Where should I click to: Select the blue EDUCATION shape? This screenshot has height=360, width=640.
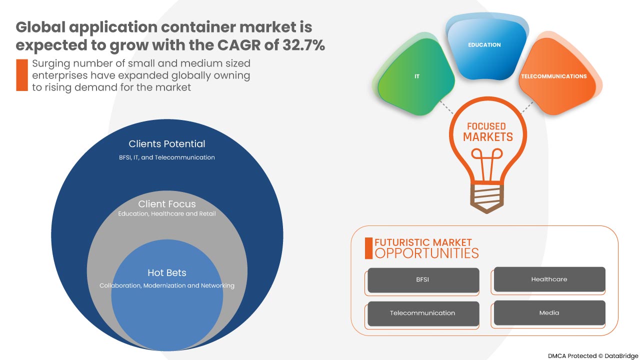[x=484, y=47]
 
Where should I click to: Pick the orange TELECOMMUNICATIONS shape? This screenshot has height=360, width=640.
[x=553, y=77]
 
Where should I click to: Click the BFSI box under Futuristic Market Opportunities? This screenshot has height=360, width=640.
[x=423, y=280]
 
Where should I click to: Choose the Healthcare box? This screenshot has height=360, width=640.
[x=549, y=279]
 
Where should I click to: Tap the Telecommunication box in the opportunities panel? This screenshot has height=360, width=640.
[x=423, y=313]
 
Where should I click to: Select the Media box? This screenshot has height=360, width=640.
[x=549, y=313]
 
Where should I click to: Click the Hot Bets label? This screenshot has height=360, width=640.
[x=167, y=273]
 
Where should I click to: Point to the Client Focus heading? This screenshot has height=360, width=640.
[x=167, y=204]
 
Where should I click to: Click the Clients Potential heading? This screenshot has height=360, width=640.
[x=167, y=144]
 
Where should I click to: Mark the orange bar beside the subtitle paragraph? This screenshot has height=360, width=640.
[x=21, y=75]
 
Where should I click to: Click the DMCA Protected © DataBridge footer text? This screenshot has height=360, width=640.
[x=592, y=356]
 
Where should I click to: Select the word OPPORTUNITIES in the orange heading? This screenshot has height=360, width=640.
[x=426, y=253]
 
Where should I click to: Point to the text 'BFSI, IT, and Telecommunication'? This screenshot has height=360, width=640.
[x=167, y=157]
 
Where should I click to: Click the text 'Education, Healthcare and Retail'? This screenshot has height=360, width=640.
[x=167, y=214]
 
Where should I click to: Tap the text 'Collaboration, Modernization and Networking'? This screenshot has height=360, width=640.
[x=167, y=286]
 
